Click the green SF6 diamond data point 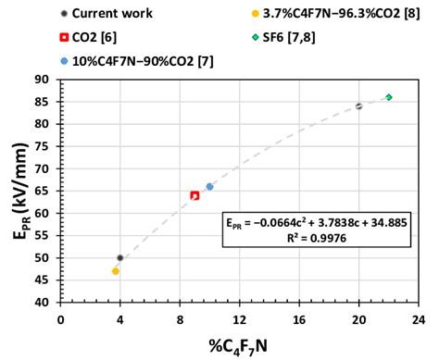(x=389, y=97)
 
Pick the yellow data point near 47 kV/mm (x=116, y=271)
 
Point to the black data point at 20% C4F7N (x=359, y=106)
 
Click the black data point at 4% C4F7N (x=120, y=258)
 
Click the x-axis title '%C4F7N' (x=240, y=343)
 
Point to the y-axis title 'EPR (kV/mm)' (x=16, y=191)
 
